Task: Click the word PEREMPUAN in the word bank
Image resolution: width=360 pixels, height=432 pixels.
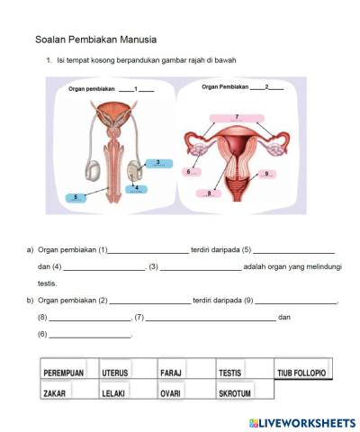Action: [64, 373]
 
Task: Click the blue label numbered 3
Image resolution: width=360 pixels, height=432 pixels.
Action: [158, 163]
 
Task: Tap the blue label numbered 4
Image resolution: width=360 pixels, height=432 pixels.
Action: [137, 188]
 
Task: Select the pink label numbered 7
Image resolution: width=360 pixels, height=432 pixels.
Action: [236, 118]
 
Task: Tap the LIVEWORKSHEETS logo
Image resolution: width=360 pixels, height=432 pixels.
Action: [302, 422]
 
